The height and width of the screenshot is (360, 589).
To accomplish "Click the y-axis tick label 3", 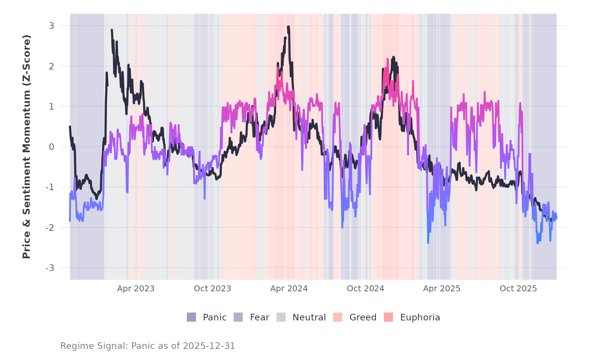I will (x=51, y=26).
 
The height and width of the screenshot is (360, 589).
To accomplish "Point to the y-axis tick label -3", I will (x=50, y=268).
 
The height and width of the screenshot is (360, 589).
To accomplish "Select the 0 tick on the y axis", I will (x=51, y=147).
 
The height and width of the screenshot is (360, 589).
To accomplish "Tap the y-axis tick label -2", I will (x=50, y=228).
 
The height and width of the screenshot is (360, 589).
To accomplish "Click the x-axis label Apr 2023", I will (x=136, y=289).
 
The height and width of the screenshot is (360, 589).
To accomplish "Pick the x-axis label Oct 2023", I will (x=212, y=289).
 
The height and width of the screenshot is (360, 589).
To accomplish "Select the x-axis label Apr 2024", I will (x=289, y=289).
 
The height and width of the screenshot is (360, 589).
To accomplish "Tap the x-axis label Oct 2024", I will (x=366, y=289).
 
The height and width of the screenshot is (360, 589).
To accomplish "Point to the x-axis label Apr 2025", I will (x=442, y=289).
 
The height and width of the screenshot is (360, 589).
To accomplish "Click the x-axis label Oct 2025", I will (x=518, y=289).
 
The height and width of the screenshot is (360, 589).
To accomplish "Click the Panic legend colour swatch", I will (x=191, y=317).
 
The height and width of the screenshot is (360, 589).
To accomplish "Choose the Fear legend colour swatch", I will (x=238, y=317).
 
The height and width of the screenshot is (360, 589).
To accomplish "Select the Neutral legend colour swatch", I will (x=281, y=317).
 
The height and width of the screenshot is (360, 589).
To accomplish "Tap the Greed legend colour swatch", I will (x=338, y=317).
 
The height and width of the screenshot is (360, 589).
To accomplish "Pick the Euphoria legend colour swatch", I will (x=388, y=317).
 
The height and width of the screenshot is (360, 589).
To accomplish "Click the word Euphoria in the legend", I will (x=420, y=317).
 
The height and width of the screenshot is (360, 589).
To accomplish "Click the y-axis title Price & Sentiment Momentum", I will (x=27, y=147).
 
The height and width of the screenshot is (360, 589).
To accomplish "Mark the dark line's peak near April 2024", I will (x=288, y=27).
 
